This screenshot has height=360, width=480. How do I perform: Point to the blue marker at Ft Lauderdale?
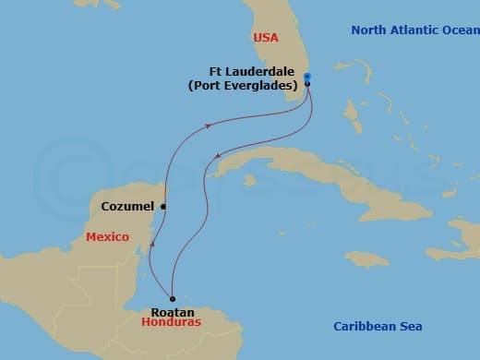(307, 77)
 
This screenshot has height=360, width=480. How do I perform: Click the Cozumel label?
(129, 207)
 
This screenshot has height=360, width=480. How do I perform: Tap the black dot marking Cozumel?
(163, 207)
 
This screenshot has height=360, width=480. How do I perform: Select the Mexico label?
(105, 237)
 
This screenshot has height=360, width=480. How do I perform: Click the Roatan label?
(172, 312)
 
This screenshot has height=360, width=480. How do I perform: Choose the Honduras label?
(171, 325)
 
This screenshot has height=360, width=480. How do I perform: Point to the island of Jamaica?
(366, 258)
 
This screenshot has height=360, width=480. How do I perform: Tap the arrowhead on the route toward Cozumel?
(211, 125)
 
